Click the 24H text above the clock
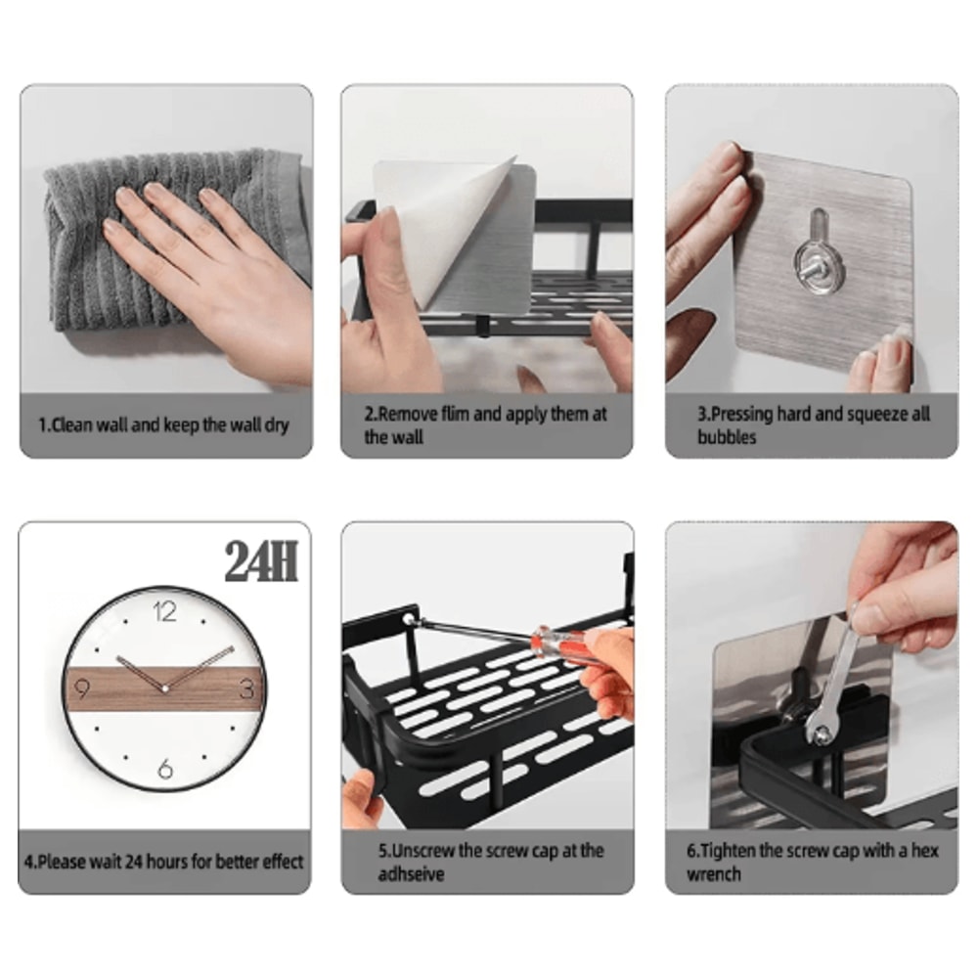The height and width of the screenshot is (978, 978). pos(260,561)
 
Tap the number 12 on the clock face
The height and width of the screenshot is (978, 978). pos(165,613)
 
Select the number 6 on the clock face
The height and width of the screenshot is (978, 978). pos(165,770)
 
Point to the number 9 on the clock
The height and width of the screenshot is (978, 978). pos(81,688)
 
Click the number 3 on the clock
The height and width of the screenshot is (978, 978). pos(246,688)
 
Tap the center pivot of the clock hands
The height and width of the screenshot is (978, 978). pos(164,689)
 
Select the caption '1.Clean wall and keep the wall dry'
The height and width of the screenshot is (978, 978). pos(163,425)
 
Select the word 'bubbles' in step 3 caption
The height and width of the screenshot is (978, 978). pos(726,437)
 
